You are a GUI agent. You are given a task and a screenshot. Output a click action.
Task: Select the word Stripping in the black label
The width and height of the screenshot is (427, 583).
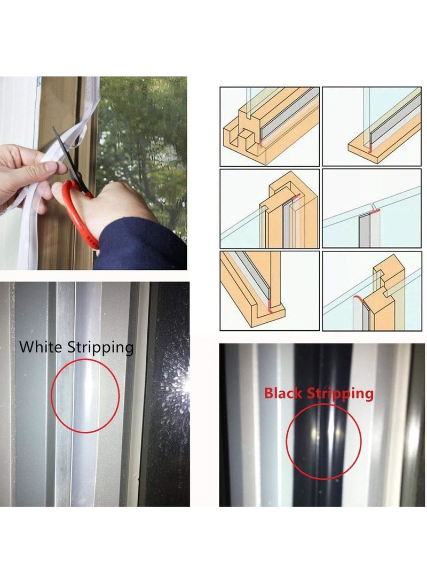coord(100,348)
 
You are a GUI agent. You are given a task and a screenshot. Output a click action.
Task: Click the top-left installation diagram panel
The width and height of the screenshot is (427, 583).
coord(269,126)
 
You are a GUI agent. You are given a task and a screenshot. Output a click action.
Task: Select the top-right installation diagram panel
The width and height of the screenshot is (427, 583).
coord(373,126)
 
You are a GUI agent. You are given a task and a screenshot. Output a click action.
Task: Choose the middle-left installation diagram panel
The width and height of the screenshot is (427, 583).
coord(269,208)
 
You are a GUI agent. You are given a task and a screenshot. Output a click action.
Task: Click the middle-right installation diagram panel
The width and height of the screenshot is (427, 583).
coord(373,208)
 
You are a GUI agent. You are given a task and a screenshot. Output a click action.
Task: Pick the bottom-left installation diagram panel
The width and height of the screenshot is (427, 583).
coord(269,291)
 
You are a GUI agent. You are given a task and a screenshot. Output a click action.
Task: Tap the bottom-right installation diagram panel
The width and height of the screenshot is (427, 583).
coord(373,291)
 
